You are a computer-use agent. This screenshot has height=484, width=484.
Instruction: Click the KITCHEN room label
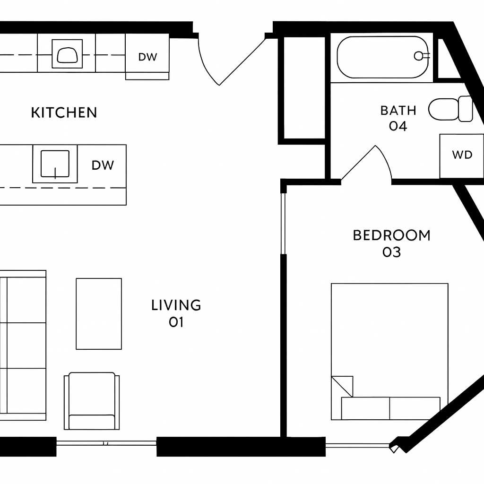(64, 112)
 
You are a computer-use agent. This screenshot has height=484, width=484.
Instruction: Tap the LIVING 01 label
(176, 313)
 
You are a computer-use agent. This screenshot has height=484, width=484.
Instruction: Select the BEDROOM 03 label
(391, 243)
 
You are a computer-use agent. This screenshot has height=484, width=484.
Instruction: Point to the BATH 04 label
(398, 118)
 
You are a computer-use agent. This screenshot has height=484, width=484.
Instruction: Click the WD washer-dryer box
(462, 156)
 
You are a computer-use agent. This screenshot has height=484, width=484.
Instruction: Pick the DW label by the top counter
(147, 57)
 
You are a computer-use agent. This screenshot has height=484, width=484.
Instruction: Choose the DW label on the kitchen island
(103, 165)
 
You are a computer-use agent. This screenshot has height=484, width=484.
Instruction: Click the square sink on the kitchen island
(55, 164)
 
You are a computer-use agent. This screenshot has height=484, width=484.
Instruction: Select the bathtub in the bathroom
(383, 57)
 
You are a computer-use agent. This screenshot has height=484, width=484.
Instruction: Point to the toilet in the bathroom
(450, 109)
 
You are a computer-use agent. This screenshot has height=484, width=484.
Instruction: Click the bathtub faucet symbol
(421, 56)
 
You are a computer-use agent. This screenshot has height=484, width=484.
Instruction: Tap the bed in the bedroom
(389, 352)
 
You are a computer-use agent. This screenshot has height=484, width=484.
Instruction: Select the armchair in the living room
(92, 401)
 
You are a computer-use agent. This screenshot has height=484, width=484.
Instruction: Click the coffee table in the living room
(99, 314)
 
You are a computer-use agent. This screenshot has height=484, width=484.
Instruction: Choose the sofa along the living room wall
(23, 346)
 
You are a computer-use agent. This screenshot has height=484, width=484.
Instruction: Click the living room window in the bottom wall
(106, 443)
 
